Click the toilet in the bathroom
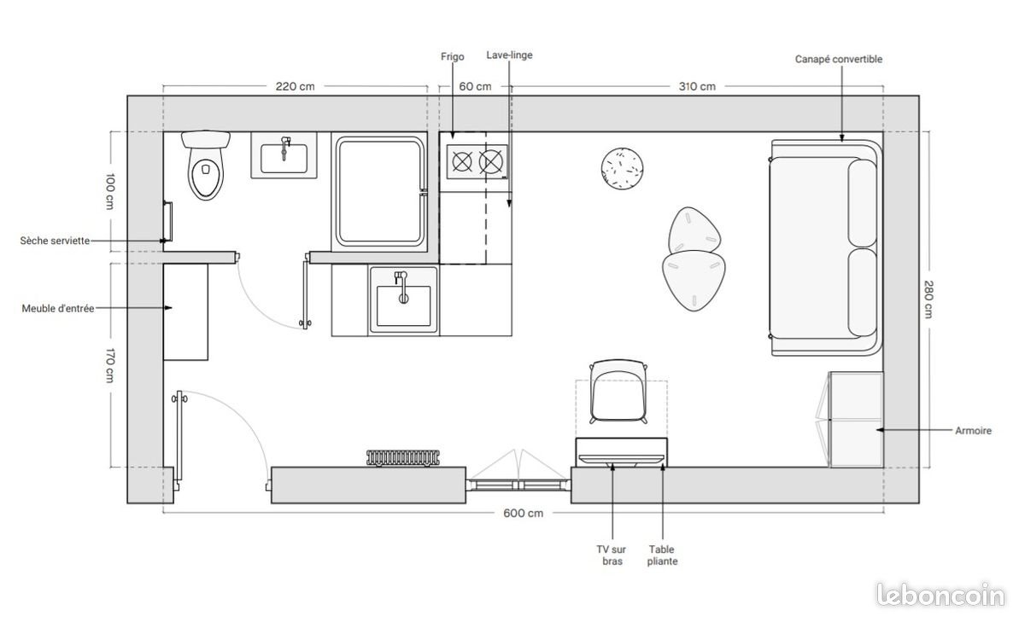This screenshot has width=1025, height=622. click(x=206, y=166)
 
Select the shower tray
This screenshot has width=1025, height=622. click(x=379, y=192)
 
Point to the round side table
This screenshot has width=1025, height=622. click(x=622, y=168)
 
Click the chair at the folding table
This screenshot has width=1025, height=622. click(x=618, y=392)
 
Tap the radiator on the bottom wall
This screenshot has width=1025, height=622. click(x=402, y=458)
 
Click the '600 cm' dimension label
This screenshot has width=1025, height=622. click(x=523, y=514)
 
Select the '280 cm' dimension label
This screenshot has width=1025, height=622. click(x=928, y=299)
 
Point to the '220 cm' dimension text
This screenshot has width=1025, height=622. click(x=296, y=86)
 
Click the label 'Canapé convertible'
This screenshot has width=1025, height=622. click(x=838, y=60)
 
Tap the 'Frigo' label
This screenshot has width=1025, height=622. click(x=452, y=56)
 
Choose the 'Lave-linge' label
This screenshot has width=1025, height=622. click(x=509, y=55)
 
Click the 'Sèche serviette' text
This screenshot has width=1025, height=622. click(x=55, y=241)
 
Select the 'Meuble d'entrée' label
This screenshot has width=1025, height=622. click(x=58, y=309)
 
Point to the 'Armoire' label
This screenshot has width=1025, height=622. click(x=973, y=431)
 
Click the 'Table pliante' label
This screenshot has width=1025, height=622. click(x=662, y=555)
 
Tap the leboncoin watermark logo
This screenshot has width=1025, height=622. click(x=940, y=595)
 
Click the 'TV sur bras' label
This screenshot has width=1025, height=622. click(x=612, y=555)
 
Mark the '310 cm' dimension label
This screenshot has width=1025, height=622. click(x=697, y=86)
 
